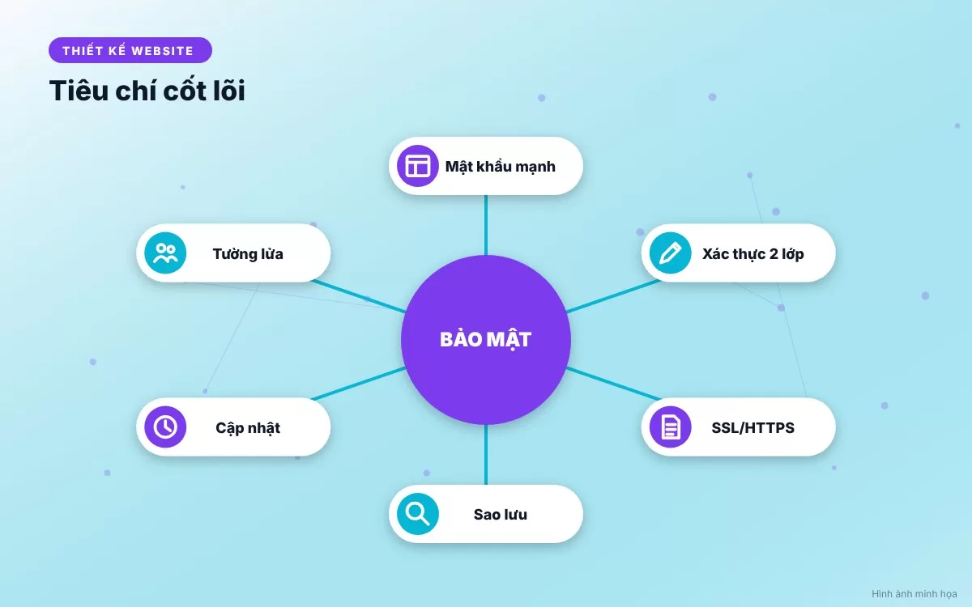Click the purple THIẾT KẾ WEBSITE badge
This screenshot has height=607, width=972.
point(130,50)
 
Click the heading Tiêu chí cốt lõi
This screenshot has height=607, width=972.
point(147,90)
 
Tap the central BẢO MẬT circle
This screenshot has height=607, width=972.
point(485,339)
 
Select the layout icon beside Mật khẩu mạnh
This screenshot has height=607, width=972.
point(417,166)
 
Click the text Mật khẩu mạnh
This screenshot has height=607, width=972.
point(501,167)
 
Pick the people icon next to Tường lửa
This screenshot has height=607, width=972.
point(165,253)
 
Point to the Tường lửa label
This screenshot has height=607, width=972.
point(248,253)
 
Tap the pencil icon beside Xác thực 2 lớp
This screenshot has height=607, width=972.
point(670,253)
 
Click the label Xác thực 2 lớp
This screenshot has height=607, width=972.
point(753,254)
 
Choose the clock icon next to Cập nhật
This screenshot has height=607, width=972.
point(165,427)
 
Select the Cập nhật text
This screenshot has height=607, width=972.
point(248,428)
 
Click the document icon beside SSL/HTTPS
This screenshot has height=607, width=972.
point(670,427)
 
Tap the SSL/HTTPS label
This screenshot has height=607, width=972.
point(752,428)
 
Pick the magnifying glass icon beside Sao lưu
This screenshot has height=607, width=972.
point(417,514)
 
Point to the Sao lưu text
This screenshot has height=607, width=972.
point(501,515)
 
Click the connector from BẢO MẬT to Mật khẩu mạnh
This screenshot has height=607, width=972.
point(485,225)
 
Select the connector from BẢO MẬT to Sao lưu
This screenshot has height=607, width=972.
point(485,454)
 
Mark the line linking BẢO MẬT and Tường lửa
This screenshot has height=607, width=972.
point(359,296)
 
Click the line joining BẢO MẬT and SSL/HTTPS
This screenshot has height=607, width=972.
point(613,384)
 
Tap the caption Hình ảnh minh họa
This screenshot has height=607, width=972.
point(914,594)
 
